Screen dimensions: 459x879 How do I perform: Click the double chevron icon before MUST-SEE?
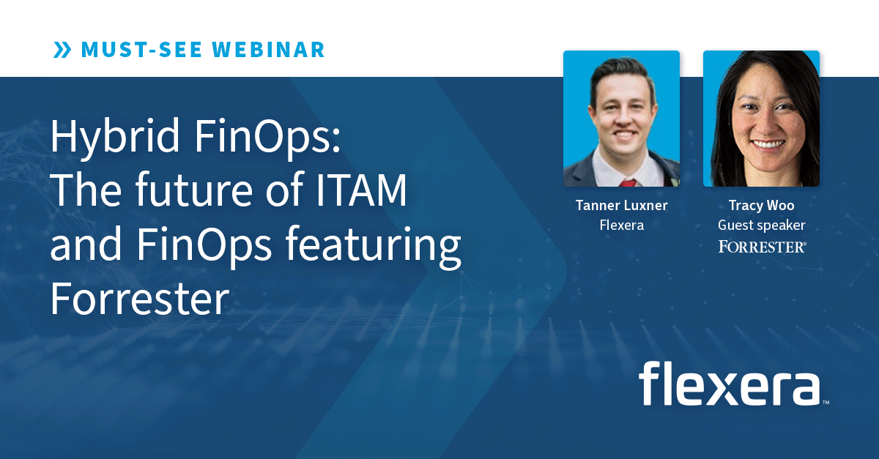coord(62,50)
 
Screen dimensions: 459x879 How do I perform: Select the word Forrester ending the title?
coord(139,299)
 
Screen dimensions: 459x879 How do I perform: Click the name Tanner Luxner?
coord(621,206)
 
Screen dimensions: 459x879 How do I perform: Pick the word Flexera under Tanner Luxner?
coord(621,225)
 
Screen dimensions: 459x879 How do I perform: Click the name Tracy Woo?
coord(761,206)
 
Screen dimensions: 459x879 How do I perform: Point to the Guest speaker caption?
coord(761,225)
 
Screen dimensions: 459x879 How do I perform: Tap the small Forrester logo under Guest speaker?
coord(762,247)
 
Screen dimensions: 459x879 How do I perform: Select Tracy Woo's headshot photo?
coord(761,119)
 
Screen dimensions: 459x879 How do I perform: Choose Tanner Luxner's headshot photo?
coord(621,119)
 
